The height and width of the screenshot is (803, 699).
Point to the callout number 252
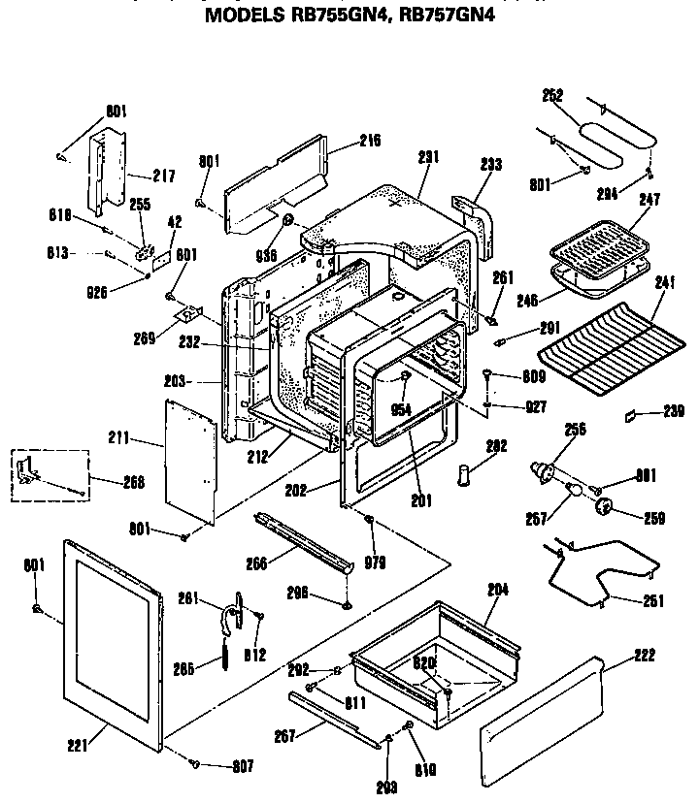pyautogui.click(x=552, y=95)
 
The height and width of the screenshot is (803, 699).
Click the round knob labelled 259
pyautogui.click(x=606, y=504)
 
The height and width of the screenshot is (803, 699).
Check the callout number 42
pyautogui.click(x=175, y=222)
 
